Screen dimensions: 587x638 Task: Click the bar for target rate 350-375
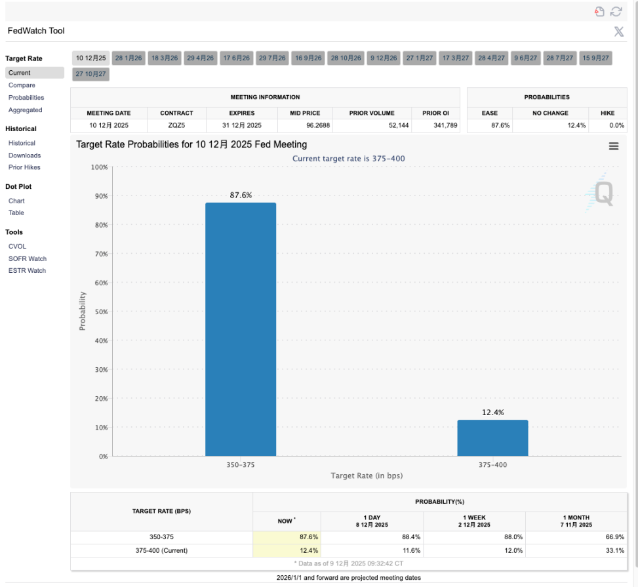coord(241,329)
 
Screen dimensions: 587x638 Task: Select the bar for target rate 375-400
coord(492,437)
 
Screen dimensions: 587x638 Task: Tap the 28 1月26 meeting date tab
coord(129,58)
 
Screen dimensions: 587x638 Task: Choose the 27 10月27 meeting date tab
coord(90,74)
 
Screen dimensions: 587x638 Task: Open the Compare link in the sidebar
coord(22,85)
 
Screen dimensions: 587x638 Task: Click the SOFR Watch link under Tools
coord(28,258)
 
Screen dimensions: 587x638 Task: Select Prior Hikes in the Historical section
coord(24,167)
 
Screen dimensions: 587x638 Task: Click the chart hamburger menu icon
coord(614,146)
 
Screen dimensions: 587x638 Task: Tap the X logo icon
coord(618,31)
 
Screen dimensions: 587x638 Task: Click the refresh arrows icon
coord(616,11)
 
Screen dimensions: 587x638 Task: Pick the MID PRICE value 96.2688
coord(305,125)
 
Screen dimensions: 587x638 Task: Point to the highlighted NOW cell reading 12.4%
coord(287,550)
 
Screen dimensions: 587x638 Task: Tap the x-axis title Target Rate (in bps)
coord(367,476)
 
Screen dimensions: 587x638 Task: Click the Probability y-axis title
coord(83,311)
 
